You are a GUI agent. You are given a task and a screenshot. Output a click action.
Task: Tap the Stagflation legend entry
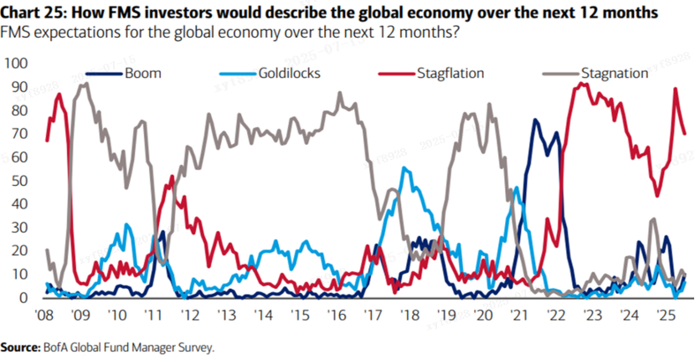(x=451, y=73)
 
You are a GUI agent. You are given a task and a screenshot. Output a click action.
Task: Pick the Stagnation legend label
(x=615, y=73)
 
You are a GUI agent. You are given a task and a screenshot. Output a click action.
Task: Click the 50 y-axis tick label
(x=19, y=181)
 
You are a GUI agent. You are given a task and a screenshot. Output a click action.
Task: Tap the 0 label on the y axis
(x=23, y=297)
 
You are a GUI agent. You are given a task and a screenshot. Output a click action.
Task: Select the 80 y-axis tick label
(x=19, y=111)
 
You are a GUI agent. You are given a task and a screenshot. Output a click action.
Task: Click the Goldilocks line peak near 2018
(x=405, y=168)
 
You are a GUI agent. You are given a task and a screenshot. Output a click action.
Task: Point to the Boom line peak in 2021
(x=535, y=121)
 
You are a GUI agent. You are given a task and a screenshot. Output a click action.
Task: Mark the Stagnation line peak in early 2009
(x=81, y=85)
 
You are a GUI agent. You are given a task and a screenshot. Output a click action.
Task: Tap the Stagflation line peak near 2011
(x=172, y=177)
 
